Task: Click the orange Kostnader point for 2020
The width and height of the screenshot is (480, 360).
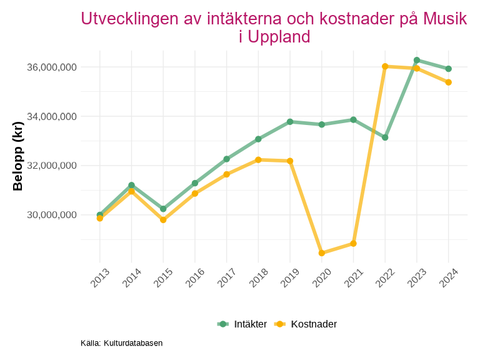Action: [x=322, y=253]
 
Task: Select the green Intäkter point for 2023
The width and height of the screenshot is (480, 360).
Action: [x=417, y=60]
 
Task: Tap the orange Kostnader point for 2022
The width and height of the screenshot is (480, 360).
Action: [x=385, y=66]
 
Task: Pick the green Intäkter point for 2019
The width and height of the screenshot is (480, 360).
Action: [x=290, y=122]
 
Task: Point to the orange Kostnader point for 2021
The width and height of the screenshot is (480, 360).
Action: [x=353, y=244]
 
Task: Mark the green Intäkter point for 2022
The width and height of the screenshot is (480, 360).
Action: [x=385, y=137]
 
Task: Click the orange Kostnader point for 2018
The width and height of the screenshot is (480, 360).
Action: [x=258, y=160]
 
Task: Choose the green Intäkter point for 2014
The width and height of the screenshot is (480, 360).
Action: [x=132, y=185]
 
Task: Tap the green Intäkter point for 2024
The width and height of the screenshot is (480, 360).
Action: [x=449, y=69]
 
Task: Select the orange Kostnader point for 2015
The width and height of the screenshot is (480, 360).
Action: [x=163, y=220]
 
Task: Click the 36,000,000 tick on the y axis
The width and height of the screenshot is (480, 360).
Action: [x=51, y=67]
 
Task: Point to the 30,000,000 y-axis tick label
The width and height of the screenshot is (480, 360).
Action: [x=51, y=215]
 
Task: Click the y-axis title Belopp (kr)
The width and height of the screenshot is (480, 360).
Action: [x=18, y=156]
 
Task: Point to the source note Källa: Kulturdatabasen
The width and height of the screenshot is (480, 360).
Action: [x=121, y=343]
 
